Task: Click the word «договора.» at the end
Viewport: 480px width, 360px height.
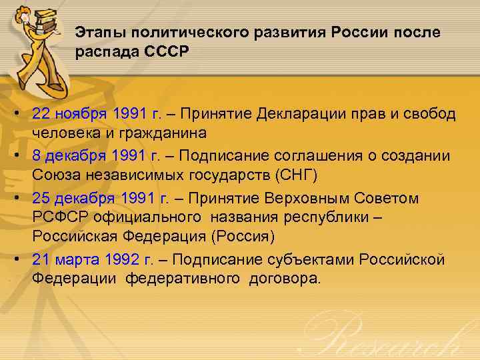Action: tap(282, 279)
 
